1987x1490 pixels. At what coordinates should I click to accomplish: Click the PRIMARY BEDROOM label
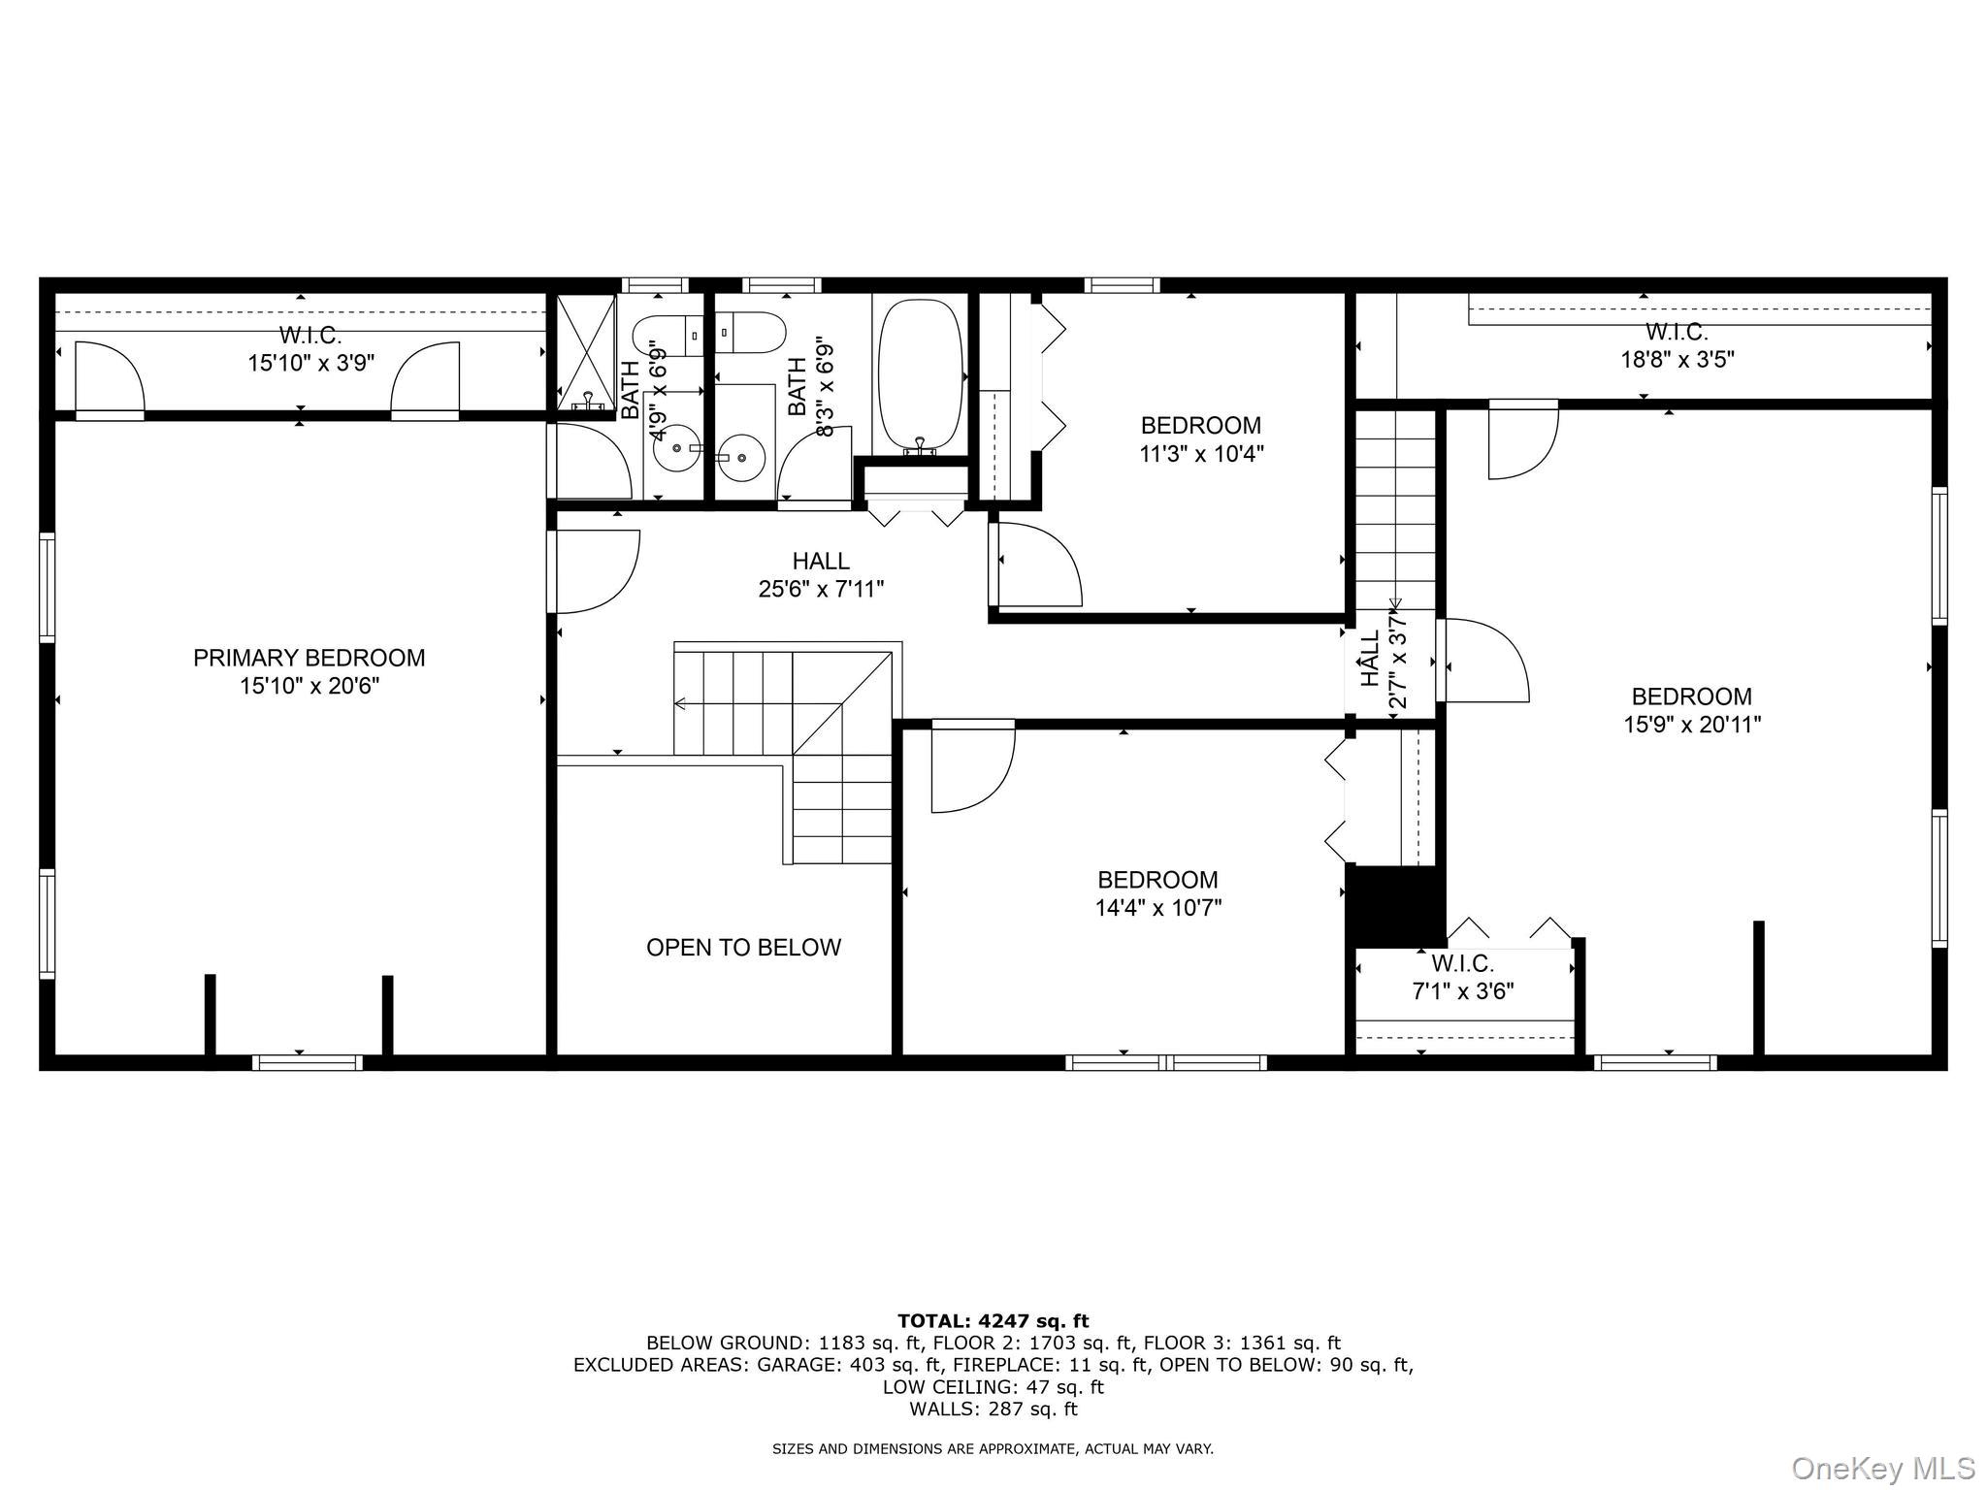coord(309,658)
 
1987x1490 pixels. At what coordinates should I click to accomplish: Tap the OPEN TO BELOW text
coord(743,948)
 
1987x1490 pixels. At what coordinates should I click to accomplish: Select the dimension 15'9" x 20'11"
coord(1692,725)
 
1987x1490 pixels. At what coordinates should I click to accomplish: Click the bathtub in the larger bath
coord(920,375)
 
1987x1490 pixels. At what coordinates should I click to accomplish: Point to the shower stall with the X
coord(586,352)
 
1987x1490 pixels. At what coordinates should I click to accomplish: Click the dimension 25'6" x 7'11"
coord(821,589)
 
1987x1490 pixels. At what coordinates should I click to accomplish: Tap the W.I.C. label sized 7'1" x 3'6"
coord(1462,964)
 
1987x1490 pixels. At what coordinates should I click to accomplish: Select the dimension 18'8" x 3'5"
coord(1677,360)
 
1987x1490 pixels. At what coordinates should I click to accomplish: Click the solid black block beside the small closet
coord(1394,905)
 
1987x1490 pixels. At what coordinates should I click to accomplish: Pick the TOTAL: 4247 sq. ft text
coord(993,1320)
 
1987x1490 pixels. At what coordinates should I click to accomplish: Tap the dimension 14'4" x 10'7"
coord(1157,908)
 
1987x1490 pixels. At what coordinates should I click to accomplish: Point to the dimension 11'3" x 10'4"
coord(1201,453)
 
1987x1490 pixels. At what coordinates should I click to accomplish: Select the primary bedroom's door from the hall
coord(594,571)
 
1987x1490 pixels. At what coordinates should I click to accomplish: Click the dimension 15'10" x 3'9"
coord(310,363)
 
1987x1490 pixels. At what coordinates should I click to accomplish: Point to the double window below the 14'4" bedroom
coord(1165,1062)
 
